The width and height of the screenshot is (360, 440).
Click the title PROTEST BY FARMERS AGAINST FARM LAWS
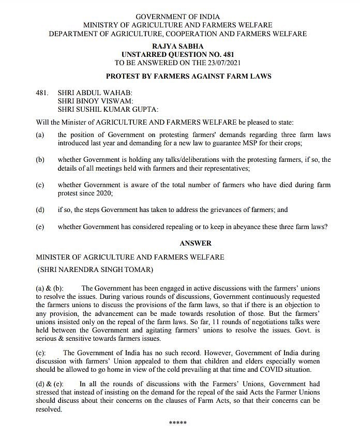pyautogui.click(x=188, y=76)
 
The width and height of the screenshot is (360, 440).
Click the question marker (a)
pyautogui.click(x=40, y=135)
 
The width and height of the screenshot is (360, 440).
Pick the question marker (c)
pyautogui.click(x=40, y=185)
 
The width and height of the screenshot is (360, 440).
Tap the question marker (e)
pyautogui.click(x=40, y=227)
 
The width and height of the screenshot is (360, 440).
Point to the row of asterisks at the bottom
pyautogui.click(x=178, y=423)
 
